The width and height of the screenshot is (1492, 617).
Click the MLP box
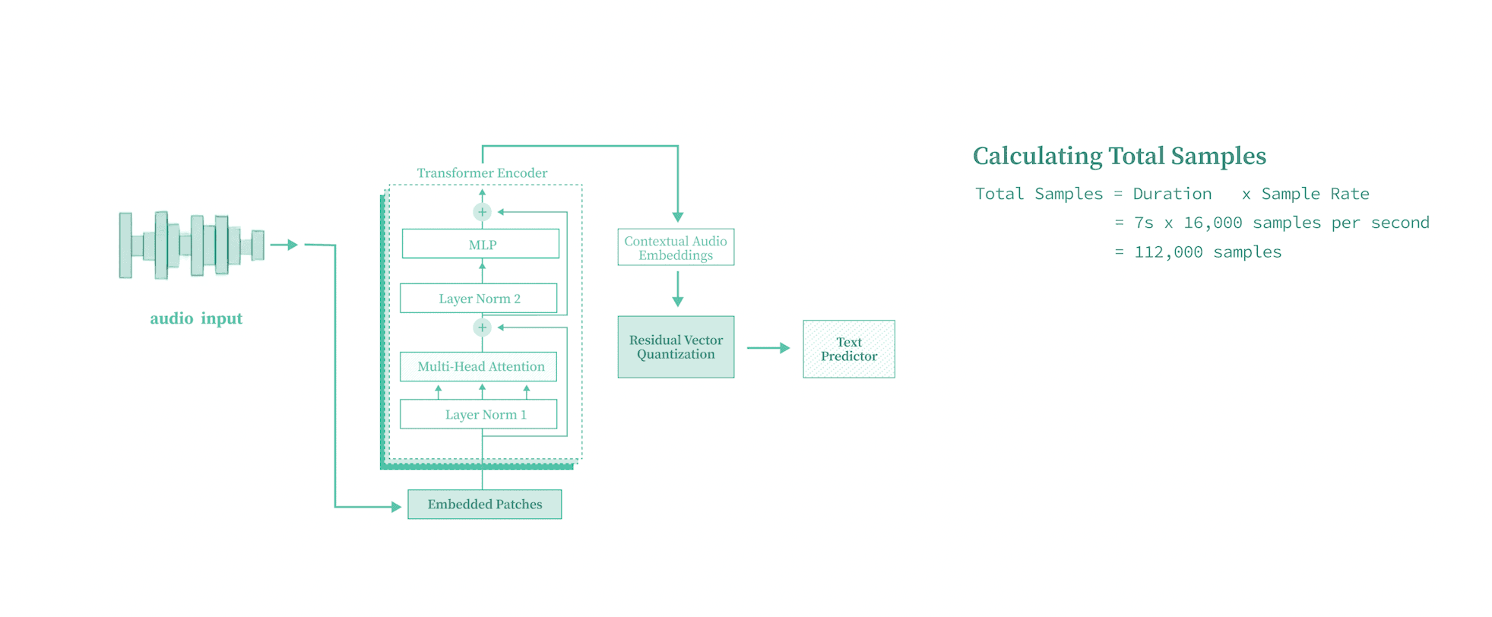click(x=480, y=244)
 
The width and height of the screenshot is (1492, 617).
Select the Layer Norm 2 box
click(x=479, y=299)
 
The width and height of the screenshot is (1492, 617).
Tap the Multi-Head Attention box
click(x=479, y=366)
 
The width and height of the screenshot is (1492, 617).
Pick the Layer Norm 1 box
click(x=479, y=415)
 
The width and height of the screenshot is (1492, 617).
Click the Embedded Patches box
click(x=484, y=505)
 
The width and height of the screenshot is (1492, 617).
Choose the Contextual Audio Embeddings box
click(x=676, y=248)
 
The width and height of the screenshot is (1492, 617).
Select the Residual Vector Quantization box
click(x=676, y=347)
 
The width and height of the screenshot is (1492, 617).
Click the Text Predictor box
click(x=849, y=350)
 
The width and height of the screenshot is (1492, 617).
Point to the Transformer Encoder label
click(x=482, y=173)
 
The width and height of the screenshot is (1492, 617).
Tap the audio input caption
click(x=196, y=318)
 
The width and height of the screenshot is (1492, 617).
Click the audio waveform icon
click(x=192, y=245)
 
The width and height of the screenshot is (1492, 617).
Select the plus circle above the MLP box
click(x=482, y=212)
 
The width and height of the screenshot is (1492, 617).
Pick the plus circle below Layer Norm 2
click(x=482, y=327)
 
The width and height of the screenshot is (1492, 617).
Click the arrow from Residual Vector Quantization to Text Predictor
click(x=768, y=348)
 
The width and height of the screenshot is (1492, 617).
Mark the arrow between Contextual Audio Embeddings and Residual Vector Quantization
click(x=677, y=290)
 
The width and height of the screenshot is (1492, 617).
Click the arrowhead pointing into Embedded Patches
click(x=396, y=507)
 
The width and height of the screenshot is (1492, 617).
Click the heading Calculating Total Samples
click(x=1119, y=157)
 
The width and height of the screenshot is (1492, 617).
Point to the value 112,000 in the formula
click(x=1168, y=252)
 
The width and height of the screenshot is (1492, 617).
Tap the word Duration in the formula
click(x=1172, y=195)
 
